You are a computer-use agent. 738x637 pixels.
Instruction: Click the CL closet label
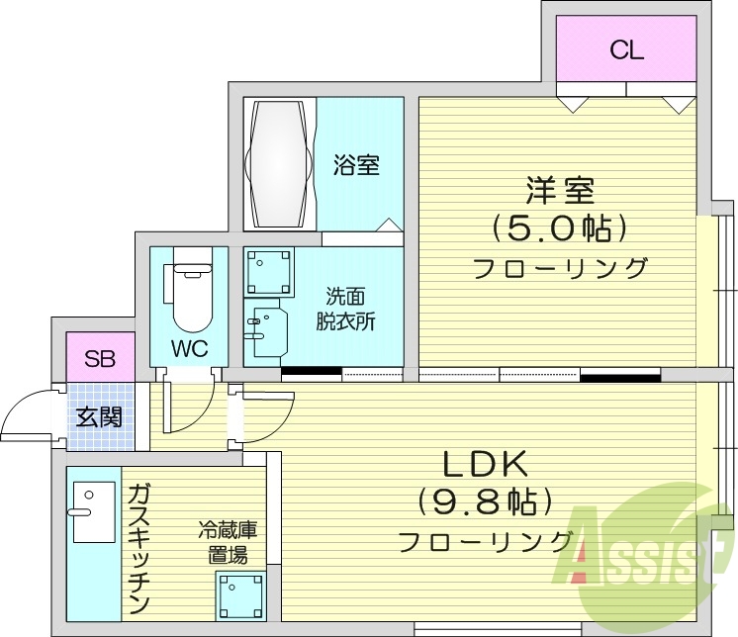coord(626,50)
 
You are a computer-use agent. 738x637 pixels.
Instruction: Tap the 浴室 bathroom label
coord(356,165)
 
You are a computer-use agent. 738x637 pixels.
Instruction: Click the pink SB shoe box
coord(98,358)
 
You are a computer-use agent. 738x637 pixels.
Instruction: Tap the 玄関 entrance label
coord(99,416)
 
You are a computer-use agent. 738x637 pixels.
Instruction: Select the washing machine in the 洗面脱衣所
coord(269,269)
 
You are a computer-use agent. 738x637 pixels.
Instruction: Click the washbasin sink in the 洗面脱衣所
coord(266,332)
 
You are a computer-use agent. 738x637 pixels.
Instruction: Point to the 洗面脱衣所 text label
coord(345,308)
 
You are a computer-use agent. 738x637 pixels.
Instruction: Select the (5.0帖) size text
coord(560,228)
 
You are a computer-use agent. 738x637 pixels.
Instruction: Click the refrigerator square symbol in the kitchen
coord(240,595)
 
